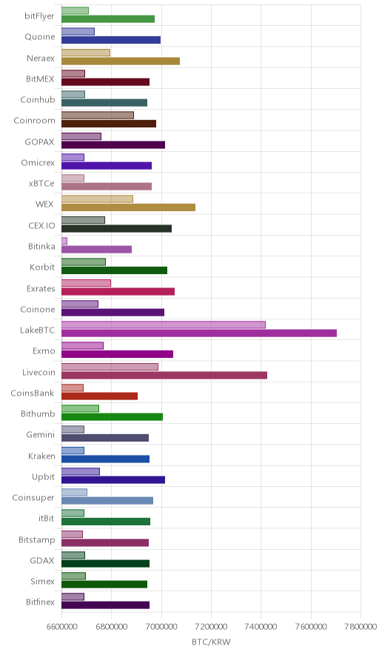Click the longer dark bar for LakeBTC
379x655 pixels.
(x=199, y=333)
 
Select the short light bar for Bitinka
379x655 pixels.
(x=64, y=241)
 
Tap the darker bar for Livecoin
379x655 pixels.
(x=164, y=375)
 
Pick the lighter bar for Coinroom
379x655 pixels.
(x=98, y=116)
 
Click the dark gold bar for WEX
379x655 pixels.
(x=128, y=207)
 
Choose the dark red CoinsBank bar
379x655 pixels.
(x=99, y=396)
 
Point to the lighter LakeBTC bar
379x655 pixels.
(x=163, y=325)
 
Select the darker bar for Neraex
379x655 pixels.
(x=121, y=61)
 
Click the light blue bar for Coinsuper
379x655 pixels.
(x=74, y=493)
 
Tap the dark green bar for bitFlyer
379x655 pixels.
(x=107, y=19)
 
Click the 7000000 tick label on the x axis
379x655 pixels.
(x=161, y=627)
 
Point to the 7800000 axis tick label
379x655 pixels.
(x=360, y=627)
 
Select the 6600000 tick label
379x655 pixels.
(x=61, y=627)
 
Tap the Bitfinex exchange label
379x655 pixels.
(x=40, y=602)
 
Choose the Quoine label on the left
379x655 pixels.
(x=40, y=37)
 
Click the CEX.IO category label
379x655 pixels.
(x=41, y=225)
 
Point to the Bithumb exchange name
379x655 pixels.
(x=38, y=413)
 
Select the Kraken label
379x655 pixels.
(x=41, y=456)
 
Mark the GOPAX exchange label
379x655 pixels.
(x=39, y=142)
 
